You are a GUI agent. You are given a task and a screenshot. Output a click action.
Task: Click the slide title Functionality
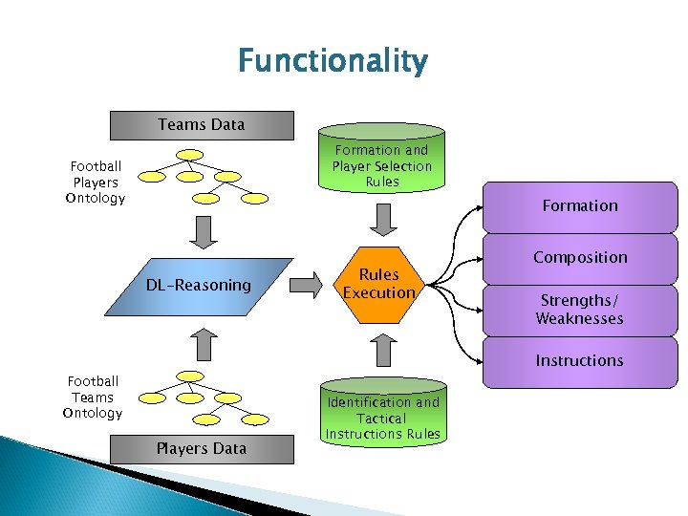pos(333,62)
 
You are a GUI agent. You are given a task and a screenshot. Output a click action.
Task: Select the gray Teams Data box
pos(201,124)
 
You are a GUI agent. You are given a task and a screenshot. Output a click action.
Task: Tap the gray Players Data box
pos(201,448)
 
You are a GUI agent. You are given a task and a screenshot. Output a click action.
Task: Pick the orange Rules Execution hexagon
pos(379,284)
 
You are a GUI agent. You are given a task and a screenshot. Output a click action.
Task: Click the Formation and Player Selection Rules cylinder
pos(381,165)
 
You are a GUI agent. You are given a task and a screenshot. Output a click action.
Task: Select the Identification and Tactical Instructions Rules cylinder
pos(382,417)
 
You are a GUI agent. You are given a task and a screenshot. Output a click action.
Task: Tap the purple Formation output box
pos(579,206)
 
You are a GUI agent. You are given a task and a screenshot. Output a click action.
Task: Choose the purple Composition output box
pos(579,258)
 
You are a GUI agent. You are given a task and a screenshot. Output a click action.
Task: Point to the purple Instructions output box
pos(579,361)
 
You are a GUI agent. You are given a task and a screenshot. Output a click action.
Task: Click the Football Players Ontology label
pos(95,183)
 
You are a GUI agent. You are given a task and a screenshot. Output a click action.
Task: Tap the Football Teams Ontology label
pos(93,398)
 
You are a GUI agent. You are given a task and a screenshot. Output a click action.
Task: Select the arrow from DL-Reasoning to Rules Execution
pos(306,285)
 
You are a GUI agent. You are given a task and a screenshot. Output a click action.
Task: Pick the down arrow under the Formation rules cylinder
pos(381,221)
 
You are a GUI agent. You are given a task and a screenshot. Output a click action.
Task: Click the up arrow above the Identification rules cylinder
pos(381,351)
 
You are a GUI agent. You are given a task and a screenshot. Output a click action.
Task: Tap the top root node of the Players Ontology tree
pos(191,154)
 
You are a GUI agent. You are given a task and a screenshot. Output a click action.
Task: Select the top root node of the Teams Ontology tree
pos(191,375)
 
